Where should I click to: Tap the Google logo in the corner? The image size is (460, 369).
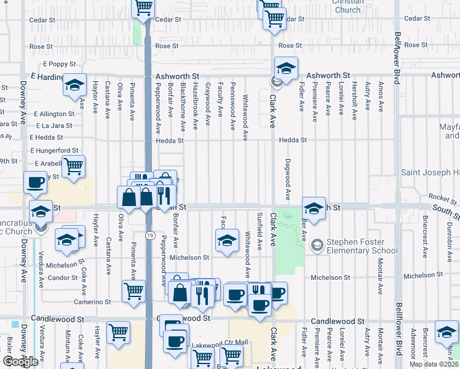20,362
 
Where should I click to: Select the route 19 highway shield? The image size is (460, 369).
149,235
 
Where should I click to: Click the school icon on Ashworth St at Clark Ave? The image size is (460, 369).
286,68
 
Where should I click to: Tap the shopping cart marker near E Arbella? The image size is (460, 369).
73,165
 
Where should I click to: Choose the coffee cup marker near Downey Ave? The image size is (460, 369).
35,182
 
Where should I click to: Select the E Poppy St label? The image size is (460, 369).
59,64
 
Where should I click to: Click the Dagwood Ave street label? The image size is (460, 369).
288,179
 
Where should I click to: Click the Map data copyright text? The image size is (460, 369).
434,364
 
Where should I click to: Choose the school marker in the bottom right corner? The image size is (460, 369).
446,332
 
